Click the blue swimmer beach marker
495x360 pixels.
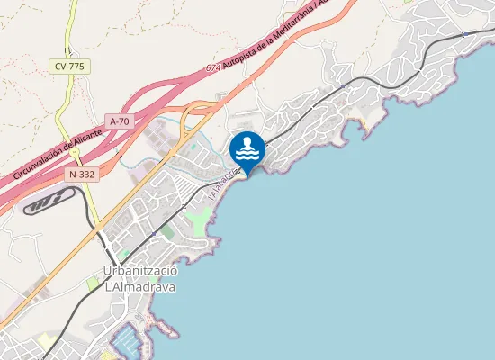(x=247, y=148)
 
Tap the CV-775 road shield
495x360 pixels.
(x=68, y=66)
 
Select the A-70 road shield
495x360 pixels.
(x=120, y=121)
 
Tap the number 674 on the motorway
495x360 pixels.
(x=212, y=67)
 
